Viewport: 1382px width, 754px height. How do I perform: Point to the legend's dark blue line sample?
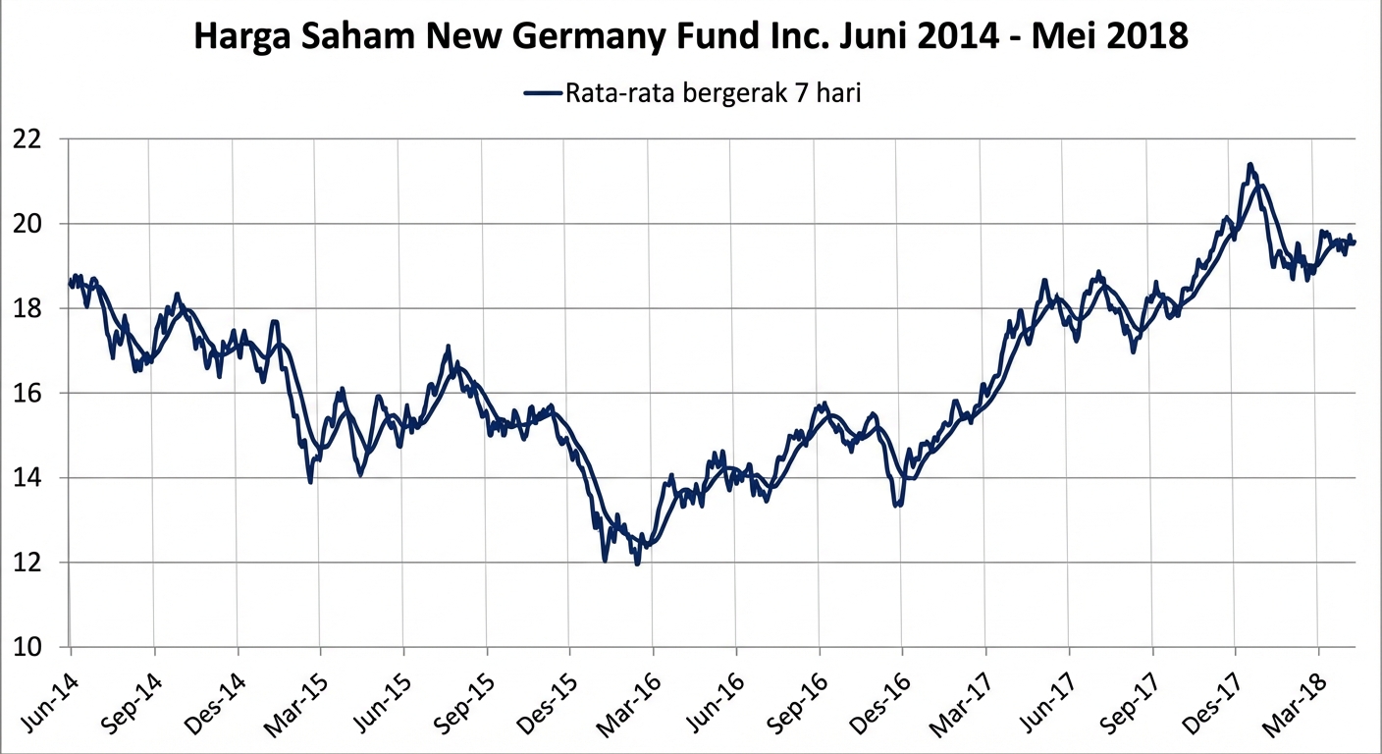543,93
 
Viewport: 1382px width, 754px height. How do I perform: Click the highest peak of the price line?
1249,164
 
